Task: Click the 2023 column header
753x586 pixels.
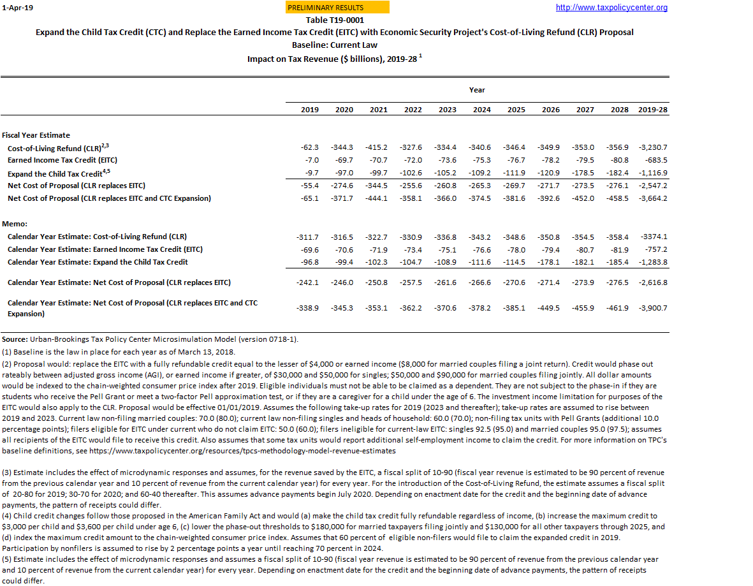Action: pos(447,110)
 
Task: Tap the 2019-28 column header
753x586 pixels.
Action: pos(653,110)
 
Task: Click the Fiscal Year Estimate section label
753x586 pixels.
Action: pos(36,135)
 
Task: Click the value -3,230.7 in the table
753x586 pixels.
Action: pos(653,147)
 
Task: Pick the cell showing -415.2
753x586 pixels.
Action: pos(378,147)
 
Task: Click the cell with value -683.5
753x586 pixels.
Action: pos(655,160)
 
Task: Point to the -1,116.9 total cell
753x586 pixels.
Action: pos(653,173)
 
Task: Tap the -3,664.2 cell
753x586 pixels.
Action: pos(653,198)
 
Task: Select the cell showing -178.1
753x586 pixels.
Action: pos(550,262)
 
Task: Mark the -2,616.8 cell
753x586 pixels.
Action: pos(653,282)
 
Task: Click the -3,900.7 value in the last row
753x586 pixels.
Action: pos(653,308)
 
